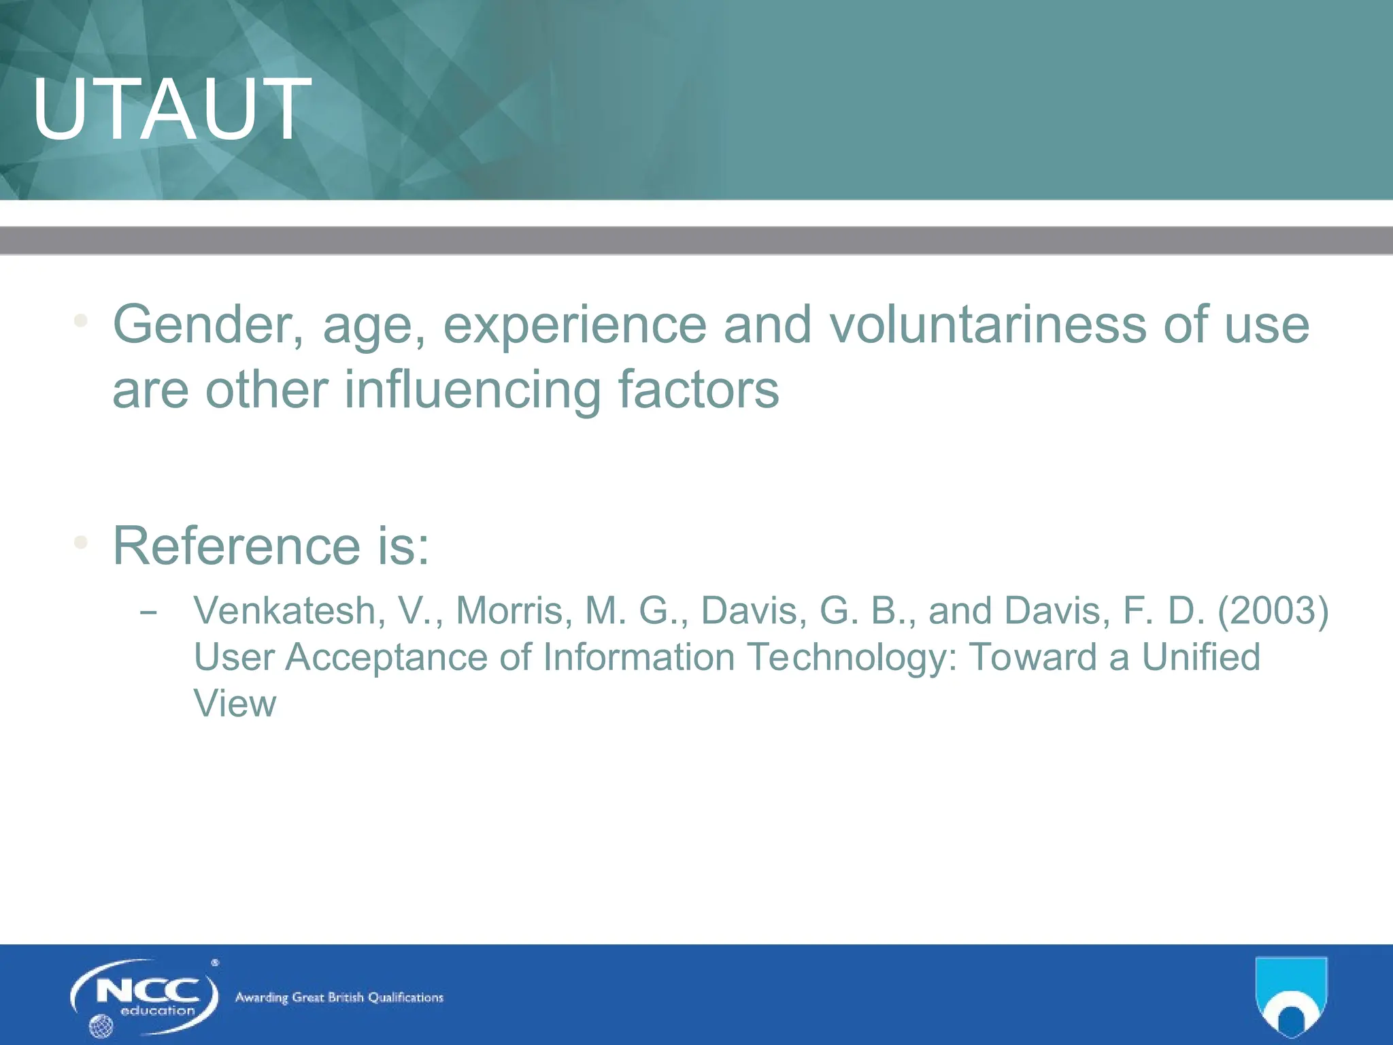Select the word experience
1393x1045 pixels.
coord(575,325)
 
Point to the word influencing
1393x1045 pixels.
coord(472,390)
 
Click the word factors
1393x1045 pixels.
coord(698,390)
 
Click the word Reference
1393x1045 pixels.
coord(236,546)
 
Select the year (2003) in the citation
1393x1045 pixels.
coord(1273,610)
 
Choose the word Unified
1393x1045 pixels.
coord(1201,657)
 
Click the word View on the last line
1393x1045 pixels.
coord(235,703)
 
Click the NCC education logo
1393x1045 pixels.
coord(145,997)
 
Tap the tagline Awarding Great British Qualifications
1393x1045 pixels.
coord(339,997)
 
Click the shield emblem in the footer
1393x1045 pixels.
coord(1290,996)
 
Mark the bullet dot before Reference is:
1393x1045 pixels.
coord(81,542)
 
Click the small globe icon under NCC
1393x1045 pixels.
coord(101,1025)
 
